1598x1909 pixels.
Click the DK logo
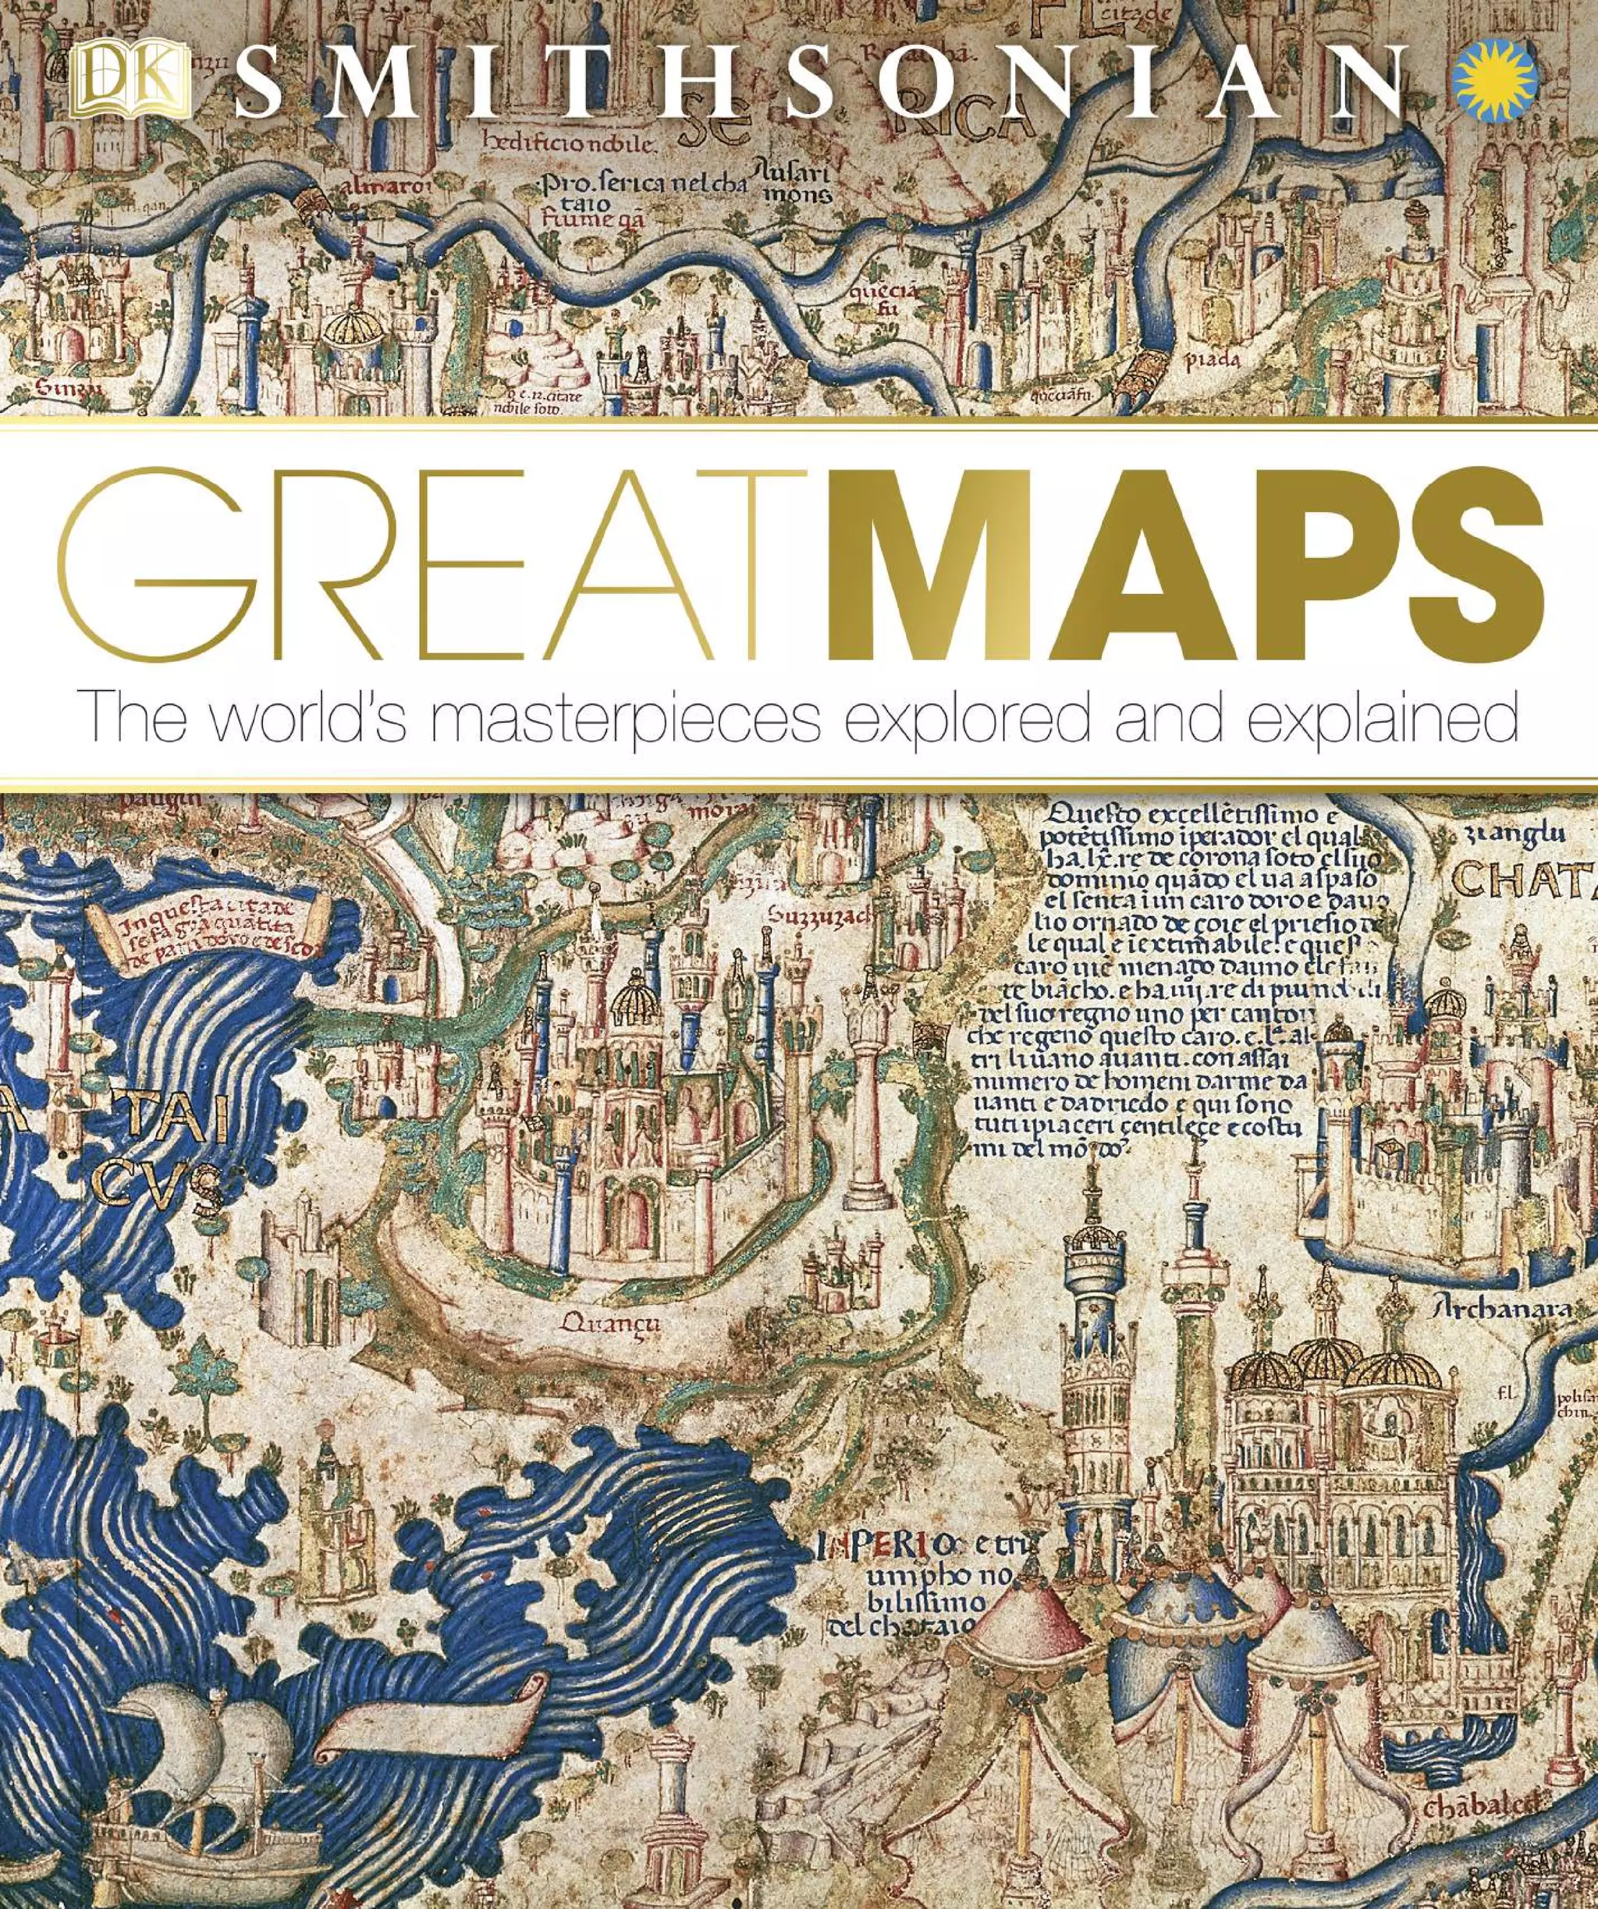128,83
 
